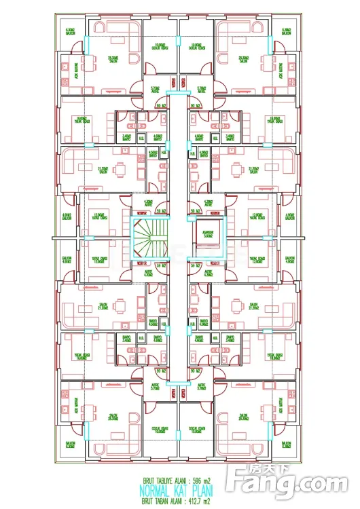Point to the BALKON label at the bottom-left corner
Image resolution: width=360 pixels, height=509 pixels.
pos(70,446)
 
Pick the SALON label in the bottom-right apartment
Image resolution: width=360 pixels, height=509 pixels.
pos(242,416)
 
